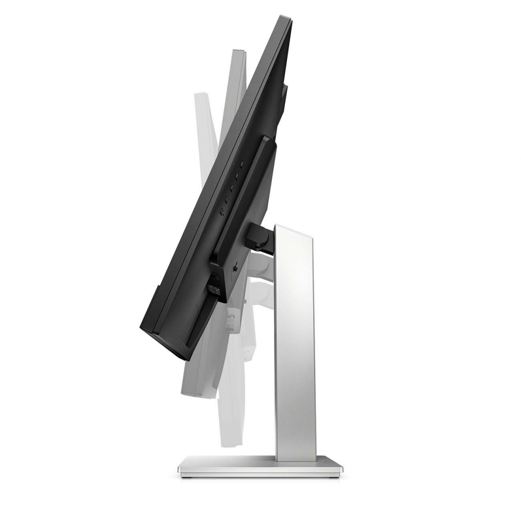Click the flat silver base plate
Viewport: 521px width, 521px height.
pyautogui.click(x=260, y=467)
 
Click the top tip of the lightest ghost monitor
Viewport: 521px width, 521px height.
pyautogui.click(x=199, y=95)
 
